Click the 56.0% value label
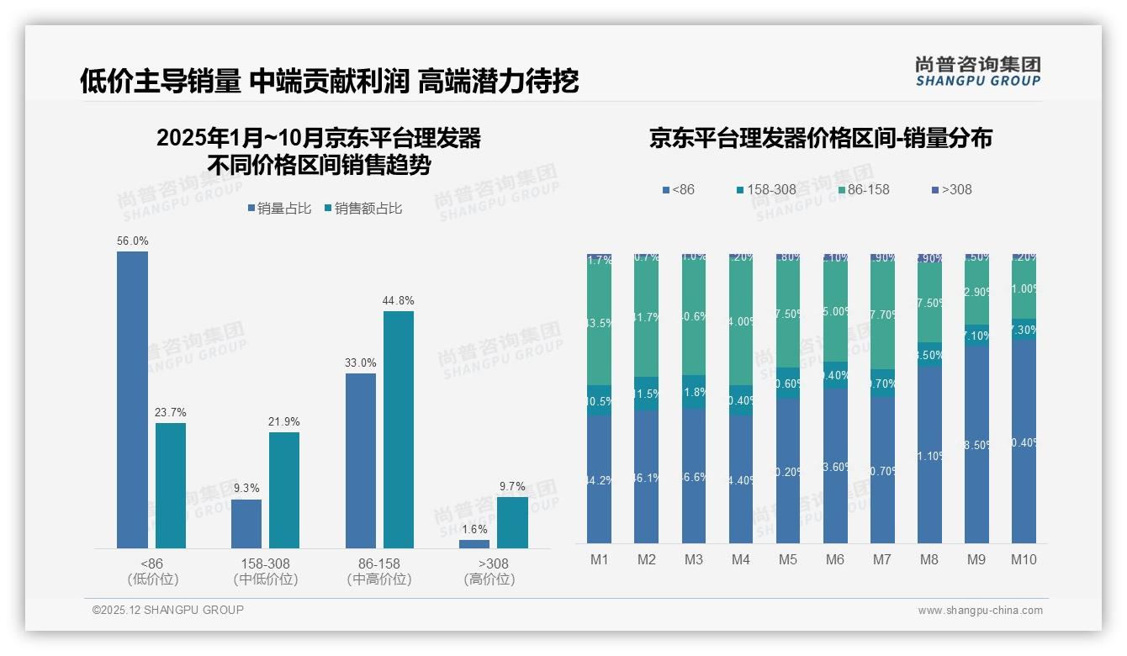click(x=133, y=241)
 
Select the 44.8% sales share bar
click(x=399, y=429)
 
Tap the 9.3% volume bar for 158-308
click(x=246, y=523)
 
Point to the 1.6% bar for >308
click(x=474, y=544)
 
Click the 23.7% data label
click(x=170, y=413)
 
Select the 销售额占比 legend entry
click(x=362, y=209)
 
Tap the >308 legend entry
click(x=950, y=189)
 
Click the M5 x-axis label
click(x=788, y=559)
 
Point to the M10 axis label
click(x=1024, y=559)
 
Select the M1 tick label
click(x=600, y=559)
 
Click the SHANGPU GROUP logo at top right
click(x=977, y=71)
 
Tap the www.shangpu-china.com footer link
click(x=980, y=611)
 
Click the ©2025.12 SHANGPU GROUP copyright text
click(x=168, y=610)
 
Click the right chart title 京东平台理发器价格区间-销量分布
click(x=820, y=138)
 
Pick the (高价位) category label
click(x=489, y=579)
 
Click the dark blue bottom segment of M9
click(x=976, y=444)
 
